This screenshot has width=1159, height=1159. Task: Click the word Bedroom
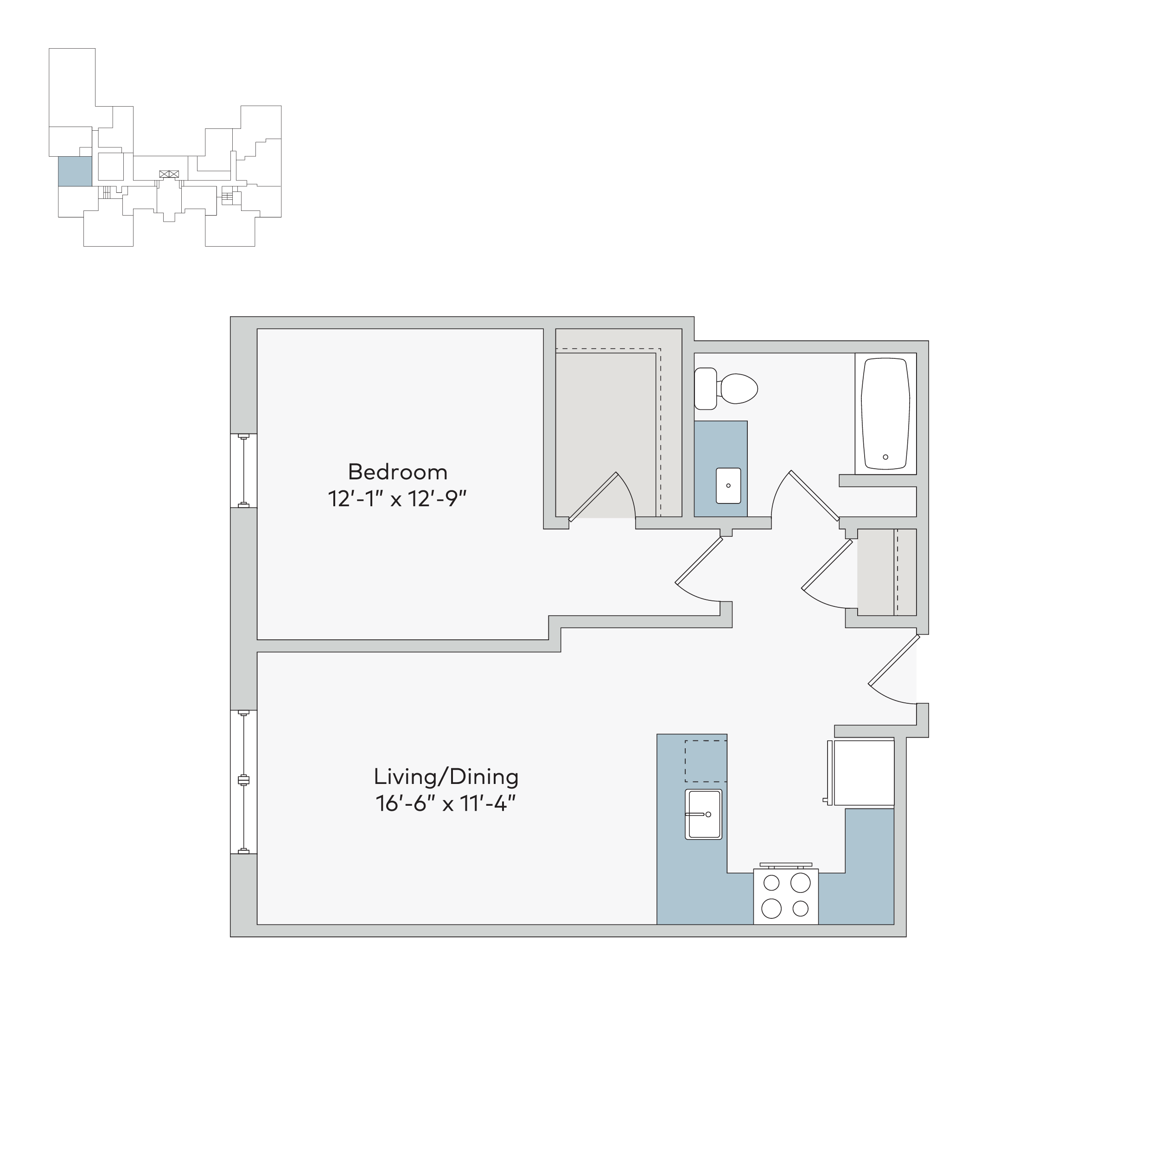tap(398, 472)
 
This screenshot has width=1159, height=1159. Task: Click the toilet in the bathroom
tap(726, 389)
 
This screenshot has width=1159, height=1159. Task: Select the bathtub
tap(885, 414)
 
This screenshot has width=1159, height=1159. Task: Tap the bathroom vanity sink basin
tap(728, 485)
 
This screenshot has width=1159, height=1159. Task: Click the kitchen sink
tap(704, 814)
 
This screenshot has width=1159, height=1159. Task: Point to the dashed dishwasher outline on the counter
tap(706, 761)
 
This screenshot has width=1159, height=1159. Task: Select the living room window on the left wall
tap(243, 781)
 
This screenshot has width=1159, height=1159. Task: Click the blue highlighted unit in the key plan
tap(75, 172)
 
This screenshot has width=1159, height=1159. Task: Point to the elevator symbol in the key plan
tap(169, 174)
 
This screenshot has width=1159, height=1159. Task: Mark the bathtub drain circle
tap(885, 457)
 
